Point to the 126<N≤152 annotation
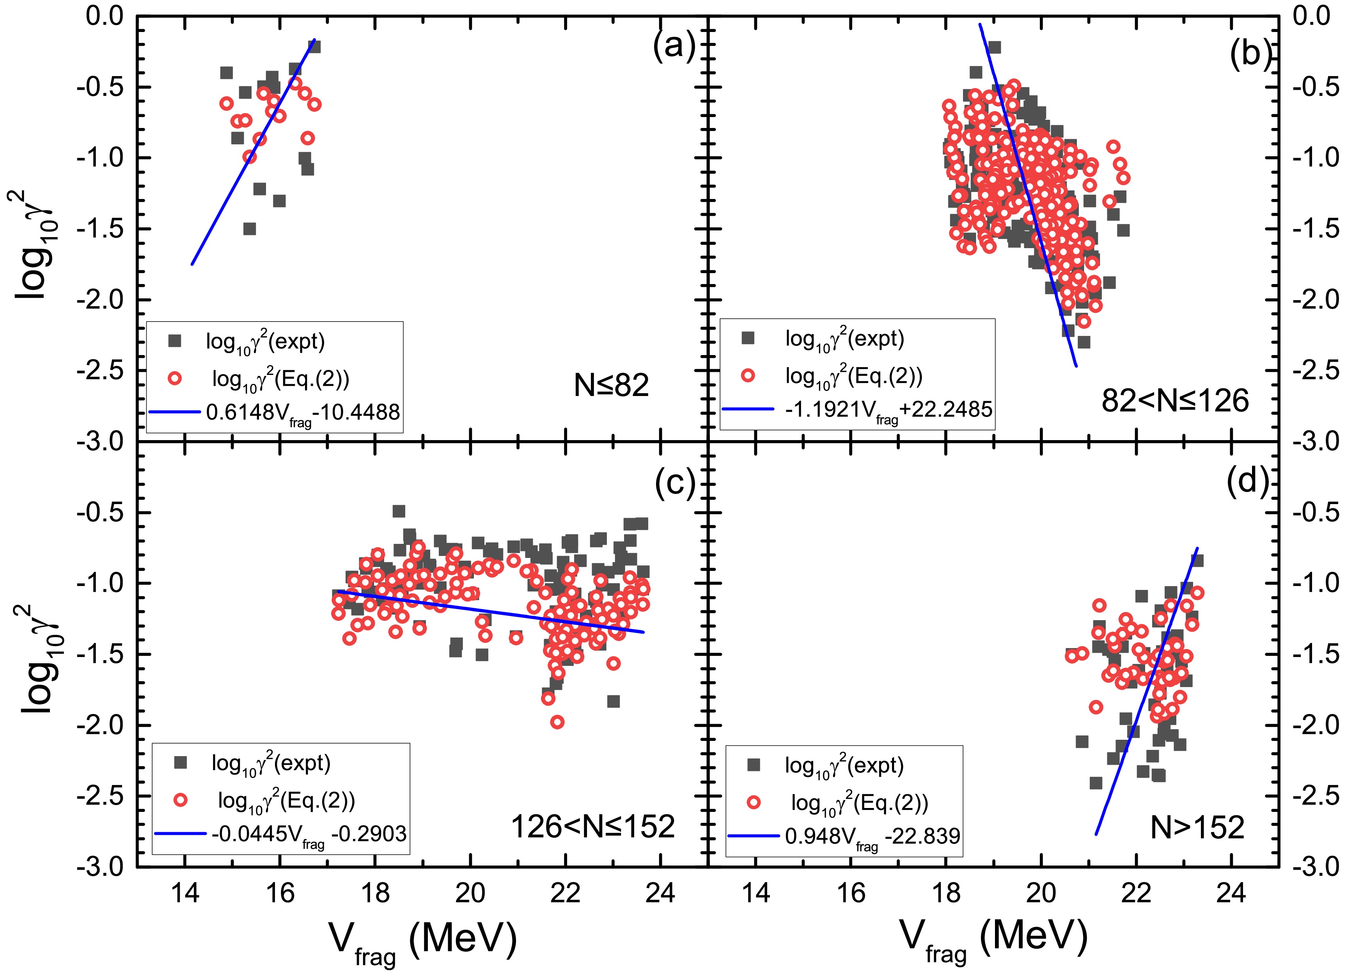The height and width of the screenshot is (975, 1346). coord(593,826)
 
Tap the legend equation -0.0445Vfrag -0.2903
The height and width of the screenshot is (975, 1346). coord(309,834)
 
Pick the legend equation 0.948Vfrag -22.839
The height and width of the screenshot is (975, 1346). coord(873,836)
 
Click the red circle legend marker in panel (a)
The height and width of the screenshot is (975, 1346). coord(174,378)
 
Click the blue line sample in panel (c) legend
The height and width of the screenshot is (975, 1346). coord(180,834)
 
